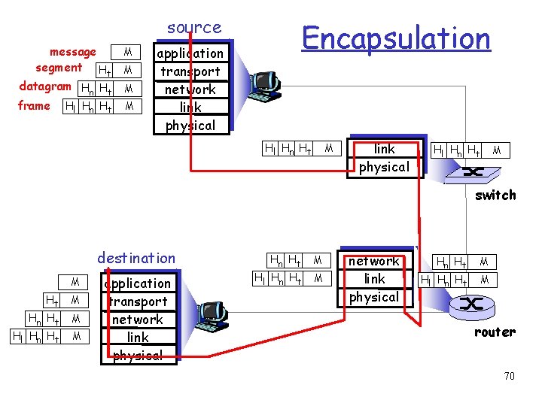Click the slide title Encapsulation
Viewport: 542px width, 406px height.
(x=396, y=37)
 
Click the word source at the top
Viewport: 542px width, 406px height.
(x=194, y=28)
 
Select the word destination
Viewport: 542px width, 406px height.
(x=136, y=258)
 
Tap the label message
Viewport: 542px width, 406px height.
(x=72, y=52)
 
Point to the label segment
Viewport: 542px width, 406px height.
(x=59, y=68)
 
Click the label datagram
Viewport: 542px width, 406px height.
(x=45, y=86)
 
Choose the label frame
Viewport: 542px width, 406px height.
(x=34, y=105)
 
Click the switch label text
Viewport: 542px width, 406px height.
(x=495, y=195)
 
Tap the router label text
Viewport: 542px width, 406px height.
(x=495, y=332)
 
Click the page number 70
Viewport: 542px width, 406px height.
(x=509, y=375)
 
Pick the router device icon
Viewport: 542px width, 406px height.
(x=472, y=304)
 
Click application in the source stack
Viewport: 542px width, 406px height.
(x=190, y=53)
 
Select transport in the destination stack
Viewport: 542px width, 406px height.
(x=138, y=301)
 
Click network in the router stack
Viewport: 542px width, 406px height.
(x=374, y=261)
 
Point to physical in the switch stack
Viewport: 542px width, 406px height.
(x=384, y=166)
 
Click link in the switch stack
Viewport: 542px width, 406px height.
(x=384, y=149)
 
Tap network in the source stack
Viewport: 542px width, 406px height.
(x=190, y=89)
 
